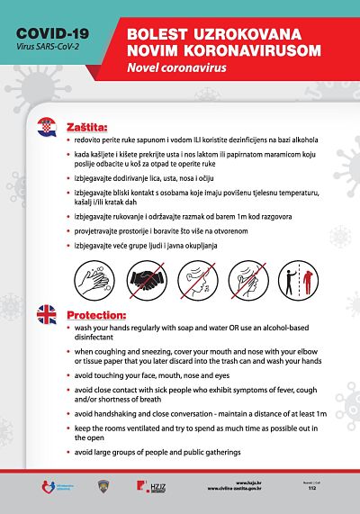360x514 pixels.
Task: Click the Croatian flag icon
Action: click(x=46, y=128)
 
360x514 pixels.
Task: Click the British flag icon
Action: click(x=46, y=314)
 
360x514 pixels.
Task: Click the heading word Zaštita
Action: click(x=87, y=128)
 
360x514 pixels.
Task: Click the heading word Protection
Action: click(x=97, y=314)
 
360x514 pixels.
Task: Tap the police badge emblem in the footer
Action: click(x=102, y=487)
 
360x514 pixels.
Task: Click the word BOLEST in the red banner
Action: click(x=161, y=32)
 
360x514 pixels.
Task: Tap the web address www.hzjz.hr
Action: click(x=274, y=483)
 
